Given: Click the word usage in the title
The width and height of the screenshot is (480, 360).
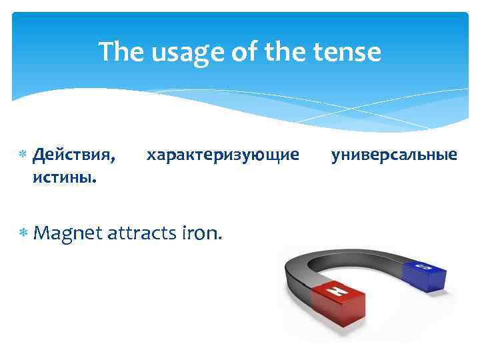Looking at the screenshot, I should pyautogui.click(x=179, y=51).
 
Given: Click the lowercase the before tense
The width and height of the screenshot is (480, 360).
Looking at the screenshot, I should pyautogui.click(x=285, y=51).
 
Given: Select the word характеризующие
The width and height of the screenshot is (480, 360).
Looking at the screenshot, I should pyautogui.click(x=223, y=155).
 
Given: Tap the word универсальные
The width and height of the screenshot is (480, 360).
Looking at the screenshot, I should pyautogui.click(x=394, y=155).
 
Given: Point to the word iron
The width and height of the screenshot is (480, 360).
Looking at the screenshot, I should pyautogui.click(x=201, y=233).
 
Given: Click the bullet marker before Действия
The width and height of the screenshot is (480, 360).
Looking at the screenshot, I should pyautogui.click(x=23, y=155).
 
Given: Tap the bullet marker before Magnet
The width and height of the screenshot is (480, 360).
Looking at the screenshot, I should pyautogui.click(x=23, y=233).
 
